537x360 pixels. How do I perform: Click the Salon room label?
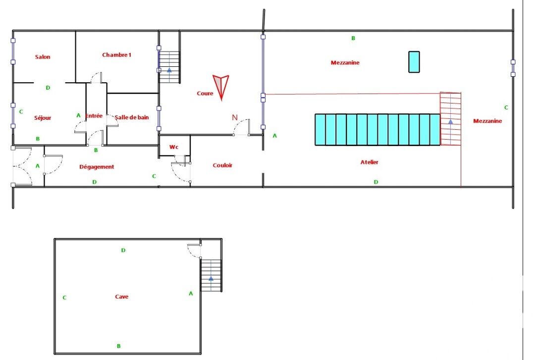(43, 57)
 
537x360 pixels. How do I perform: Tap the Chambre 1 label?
(116, 55)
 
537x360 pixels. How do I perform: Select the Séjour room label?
(43, 118)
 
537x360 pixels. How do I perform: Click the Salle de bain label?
(132, 117)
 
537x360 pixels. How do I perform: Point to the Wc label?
(173, 147)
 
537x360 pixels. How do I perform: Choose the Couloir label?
(222, 165)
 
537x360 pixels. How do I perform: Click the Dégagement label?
(97, 167)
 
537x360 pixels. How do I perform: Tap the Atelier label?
(370, 162)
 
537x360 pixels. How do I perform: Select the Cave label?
(121, 297)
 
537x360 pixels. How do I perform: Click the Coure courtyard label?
(205, 94)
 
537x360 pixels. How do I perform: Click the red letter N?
(235, 117)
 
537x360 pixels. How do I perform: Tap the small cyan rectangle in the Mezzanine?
(414, 62)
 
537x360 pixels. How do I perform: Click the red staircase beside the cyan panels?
(450, 119)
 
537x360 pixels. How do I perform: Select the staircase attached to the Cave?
(211, 276)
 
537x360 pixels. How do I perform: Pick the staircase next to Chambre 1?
(169, 67)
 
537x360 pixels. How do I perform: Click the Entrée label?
(94, 116)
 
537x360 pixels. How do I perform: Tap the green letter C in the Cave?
(64, 298)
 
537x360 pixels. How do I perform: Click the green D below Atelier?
(376, 182)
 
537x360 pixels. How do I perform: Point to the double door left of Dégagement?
(22, 167)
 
